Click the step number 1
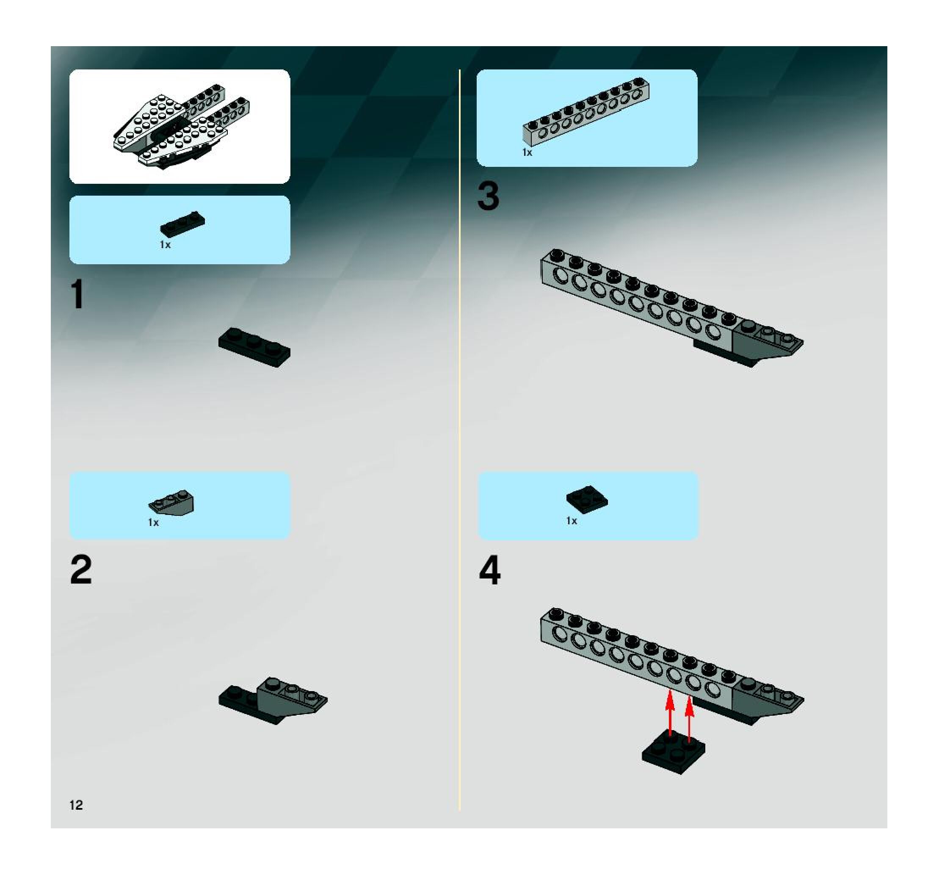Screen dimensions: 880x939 [x=77, y=294]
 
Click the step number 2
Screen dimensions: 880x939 [x=81, y=570]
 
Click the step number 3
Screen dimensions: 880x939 [x=488, y=196]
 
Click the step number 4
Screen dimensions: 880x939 [x=489, y=570]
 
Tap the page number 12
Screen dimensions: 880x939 [x=76, y=805]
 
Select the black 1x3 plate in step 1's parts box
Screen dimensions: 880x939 [x=182, y=224]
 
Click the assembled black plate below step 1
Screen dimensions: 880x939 [x=254, y=347]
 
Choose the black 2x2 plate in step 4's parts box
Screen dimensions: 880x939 [x=587, y=499]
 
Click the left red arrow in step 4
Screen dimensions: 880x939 [x=670, y=713]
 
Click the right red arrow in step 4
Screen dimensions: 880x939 [x=689, y=718]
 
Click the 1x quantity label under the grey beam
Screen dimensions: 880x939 [x=527, y=152]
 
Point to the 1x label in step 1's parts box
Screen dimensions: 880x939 [x=165, y=245]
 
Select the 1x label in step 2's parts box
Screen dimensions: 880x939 [x=153, y=523]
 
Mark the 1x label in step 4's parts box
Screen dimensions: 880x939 [x=572, y=520]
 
